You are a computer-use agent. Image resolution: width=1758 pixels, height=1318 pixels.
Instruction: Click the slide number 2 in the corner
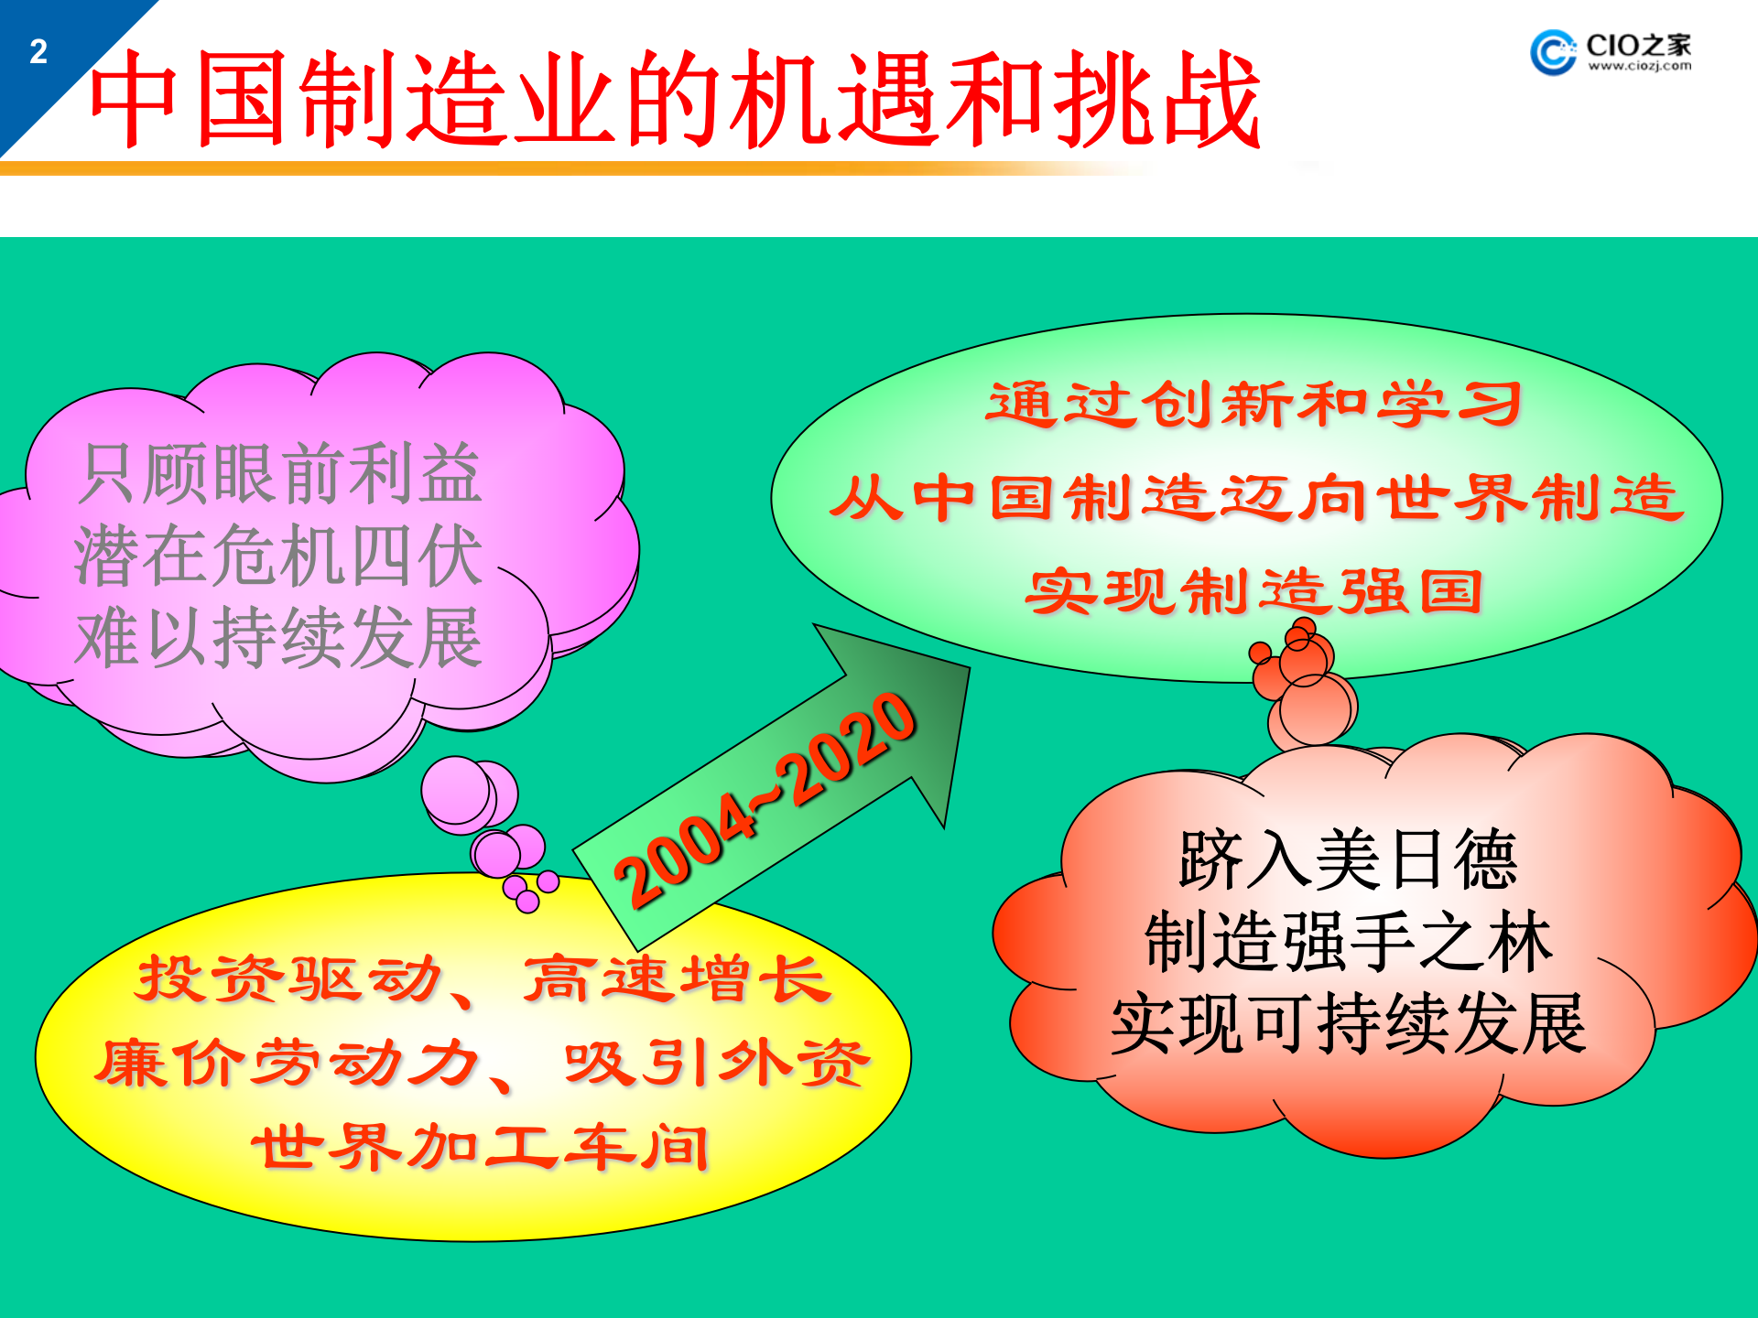pos(38,51)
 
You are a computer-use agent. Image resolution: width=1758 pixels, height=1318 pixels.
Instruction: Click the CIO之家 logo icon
pos(1553,52)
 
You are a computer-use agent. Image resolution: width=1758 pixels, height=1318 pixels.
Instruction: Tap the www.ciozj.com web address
pos(1639,66)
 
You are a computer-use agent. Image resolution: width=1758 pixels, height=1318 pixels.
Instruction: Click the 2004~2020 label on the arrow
pos(765,799)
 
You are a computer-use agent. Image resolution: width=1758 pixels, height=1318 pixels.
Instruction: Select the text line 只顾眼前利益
pos(280,474)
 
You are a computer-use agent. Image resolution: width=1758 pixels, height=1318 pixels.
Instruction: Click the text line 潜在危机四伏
pos(278,556)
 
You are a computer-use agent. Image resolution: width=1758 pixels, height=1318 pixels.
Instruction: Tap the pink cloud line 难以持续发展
pos(278,638)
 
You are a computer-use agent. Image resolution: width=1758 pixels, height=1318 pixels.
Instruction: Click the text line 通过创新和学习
pos(1253,404)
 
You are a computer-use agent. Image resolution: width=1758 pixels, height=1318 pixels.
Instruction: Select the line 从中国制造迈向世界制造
pos(1255,498)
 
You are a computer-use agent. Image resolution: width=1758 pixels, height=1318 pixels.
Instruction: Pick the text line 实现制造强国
pos(1253,592)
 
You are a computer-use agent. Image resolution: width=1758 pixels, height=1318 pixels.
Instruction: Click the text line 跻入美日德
pos(1348,860)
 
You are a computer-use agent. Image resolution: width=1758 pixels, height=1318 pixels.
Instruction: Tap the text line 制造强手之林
pos(1348,942)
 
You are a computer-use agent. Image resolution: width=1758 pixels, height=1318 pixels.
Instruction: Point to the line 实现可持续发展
pos(1348,1024)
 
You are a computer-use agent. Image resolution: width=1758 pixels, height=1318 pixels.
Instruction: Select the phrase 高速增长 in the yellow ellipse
pos(677,979)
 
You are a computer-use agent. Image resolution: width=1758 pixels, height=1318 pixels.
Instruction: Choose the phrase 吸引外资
pos(717,1064)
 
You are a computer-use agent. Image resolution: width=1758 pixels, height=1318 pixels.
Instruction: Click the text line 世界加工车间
pos(481,1147)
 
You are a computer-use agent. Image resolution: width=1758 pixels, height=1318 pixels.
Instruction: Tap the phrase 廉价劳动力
pos(287,1064)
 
